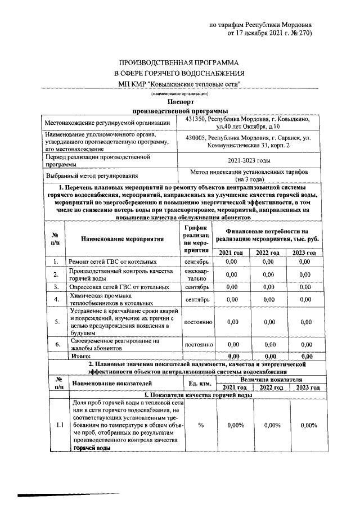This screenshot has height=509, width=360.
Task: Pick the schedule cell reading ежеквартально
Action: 197,274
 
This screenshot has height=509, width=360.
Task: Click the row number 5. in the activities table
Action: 56,322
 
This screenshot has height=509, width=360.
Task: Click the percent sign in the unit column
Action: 200,425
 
